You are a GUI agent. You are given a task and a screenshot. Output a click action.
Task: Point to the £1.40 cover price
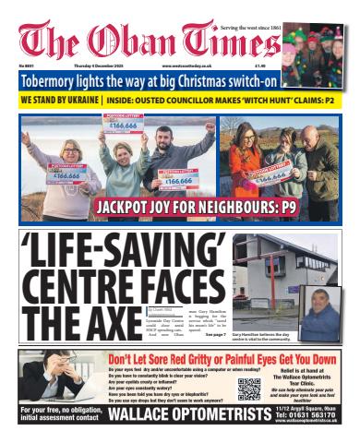click(x=261, y=66)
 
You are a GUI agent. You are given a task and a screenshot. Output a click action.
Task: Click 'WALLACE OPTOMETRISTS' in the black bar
click(x=190, y=415)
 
